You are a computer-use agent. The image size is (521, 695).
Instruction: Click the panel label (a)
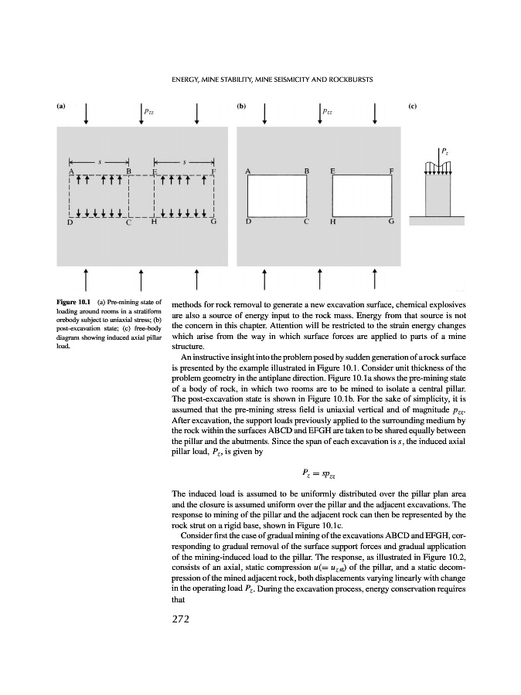click(x=60, y=107)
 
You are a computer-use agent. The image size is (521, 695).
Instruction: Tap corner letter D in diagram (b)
click(x=248, y=222)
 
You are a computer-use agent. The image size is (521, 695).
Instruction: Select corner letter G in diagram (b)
click(x=391, y=222)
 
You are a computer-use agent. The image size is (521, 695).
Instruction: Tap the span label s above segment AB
click(x=98, y=161)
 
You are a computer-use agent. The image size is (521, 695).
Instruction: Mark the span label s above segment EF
click(x=183, y=161)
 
